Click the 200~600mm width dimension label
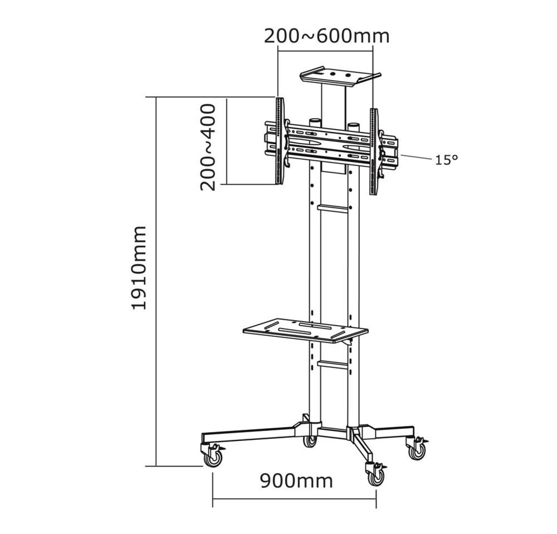tap(326, 36)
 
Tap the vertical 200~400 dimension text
tap(208, 147)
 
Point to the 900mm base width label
tap(296, 481)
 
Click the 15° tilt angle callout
tap(446, 159)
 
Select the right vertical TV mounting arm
tap(374, 151)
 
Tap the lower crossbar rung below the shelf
tap(332, 364)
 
